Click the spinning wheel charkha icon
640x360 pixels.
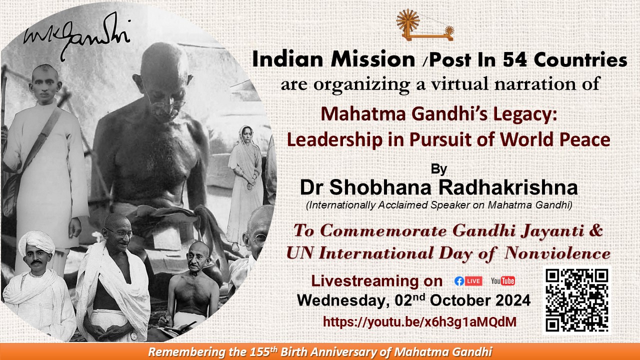(x=425, y=25)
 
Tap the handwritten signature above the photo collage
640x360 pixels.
(x=76, y=35)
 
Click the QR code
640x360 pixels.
(x=577, y=300)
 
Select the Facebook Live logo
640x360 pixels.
(x=468, y=281)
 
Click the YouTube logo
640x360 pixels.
(x=503, y=281)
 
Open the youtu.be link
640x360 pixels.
(x=419, y=321)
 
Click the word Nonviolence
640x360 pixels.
(x=557, y=253)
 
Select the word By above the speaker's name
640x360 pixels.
(x=439, y=169)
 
